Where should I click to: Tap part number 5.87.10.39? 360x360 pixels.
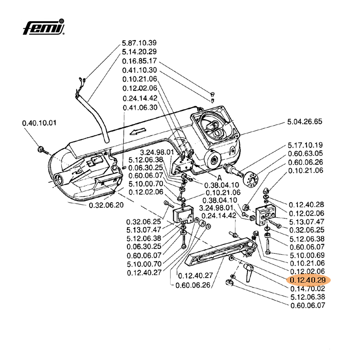click(139, 43)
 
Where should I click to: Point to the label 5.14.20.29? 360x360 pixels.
click(139, 52)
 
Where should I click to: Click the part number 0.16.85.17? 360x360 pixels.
click(139, 61)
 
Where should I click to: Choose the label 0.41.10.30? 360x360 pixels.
click(139, 70)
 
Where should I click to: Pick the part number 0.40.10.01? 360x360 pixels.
click(40, 123)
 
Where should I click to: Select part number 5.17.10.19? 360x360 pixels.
click(306, 145)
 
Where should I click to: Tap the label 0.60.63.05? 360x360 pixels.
click(306, 153)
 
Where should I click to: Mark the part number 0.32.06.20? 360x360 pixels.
click(106, 205)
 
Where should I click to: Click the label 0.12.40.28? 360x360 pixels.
click(306, 204)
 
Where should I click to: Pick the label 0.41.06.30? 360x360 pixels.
click(139, 108)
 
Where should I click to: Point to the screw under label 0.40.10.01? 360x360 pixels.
click(41, 149)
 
